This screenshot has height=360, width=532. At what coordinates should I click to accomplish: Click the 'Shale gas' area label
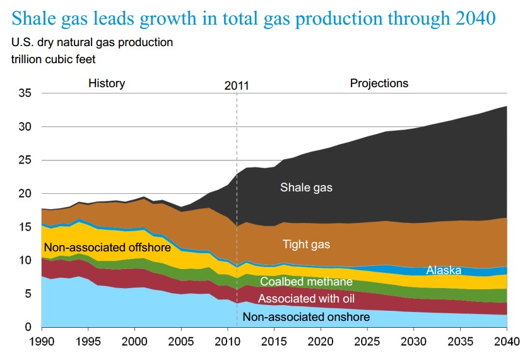307,188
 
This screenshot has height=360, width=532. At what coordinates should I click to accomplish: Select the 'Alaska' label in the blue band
444,270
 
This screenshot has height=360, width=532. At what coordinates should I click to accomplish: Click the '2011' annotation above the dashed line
237,85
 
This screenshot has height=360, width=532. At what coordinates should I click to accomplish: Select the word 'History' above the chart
107,83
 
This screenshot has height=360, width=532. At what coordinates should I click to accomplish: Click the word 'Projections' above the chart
379,83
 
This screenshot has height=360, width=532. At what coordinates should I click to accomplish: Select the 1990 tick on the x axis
42,342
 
